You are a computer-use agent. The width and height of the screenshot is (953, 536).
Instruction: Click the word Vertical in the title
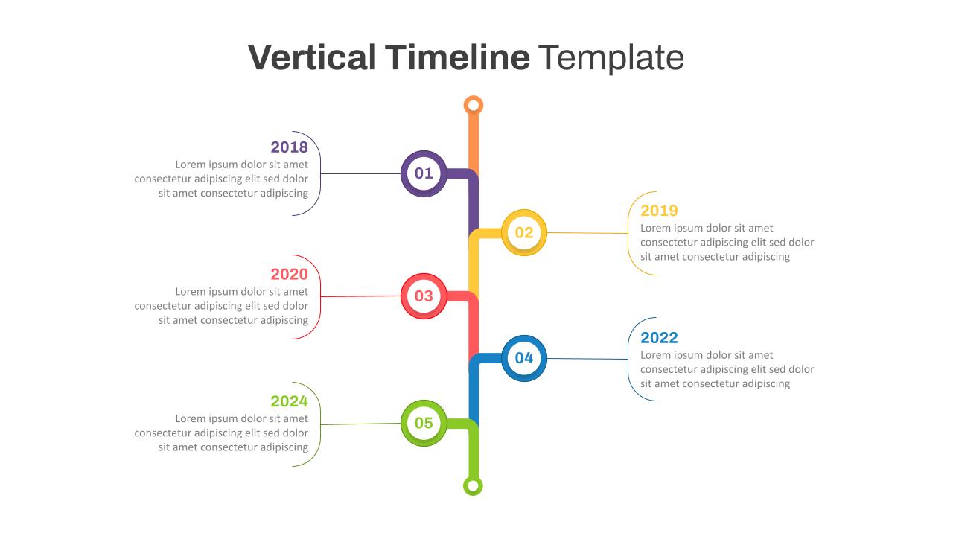(x=312, y=57)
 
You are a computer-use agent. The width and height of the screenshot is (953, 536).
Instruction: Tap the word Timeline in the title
(x=457, y=57)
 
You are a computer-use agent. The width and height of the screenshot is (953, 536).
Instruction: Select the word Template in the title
(x=611, y=58)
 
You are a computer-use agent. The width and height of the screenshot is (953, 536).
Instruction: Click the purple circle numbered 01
(x=424, y=173)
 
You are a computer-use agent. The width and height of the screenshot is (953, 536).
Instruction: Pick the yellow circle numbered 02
(x=524, y=233)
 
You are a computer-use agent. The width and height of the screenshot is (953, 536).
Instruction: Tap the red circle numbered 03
(x=424, y=296)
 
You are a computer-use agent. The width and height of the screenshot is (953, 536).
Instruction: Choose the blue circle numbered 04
(x=524, y=358)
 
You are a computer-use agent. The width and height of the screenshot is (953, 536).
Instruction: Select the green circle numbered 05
(x=424, y=423)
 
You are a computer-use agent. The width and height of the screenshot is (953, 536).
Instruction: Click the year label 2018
(x=290, y=147)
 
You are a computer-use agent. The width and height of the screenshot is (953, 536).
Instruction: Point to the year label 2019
(x=659, y=211)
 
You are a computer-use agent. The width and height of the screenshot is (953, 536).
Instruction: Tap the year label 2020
(x=290, y=275)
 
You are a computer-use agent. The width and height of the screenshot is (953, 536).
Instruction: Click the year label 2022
(x=659, y=338)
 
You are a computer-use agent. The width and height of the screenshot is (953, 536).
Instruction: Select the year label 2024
(x=290, y=401)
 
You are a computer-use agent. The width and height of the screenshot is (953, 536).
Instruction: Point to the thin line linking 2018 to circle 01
(x=360, y=173)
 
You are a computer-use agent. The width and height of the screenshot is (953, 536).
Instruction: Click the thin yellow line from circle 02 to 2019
(x=587, y=233)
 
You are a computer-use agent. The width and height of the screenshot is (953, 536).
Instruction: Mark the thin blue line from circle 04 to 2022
(x=587, y=359)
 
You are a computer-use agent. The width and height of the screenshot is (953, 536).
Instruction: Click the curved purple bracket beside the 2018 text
(x=320, y=173)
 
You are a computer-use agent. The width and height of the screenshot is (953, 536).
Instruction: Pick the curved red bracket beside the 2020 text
(x=320, y=297)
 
